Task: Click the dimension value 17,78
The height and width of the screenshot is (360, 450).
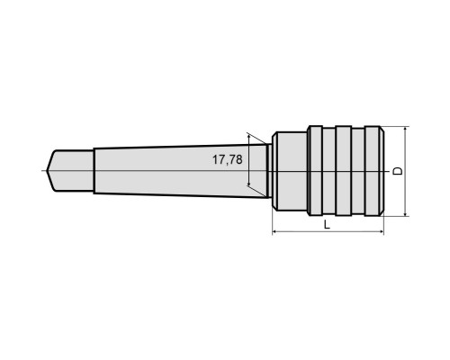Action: point(228,159)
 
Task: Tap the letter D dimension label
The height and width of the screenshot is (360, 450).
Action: point(398,171)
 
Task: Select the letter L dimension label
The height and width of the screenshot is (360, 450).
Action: point(327,224)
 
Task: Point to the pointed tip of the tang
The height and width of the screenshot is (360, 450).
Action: point(47,171)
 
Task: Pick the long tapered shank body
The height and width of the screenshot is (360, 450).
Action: point(181,171)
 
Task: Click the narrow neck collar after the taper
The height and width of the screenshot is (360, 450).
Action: point(270,171)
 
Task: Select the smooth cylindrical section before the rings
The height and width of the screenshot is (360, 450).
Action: point(290,171)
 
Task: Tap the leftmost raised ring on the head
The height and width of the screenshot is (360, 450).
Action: point(316,171)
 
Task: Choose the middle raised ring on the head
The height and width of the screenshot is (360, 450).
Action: point(344,171)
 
